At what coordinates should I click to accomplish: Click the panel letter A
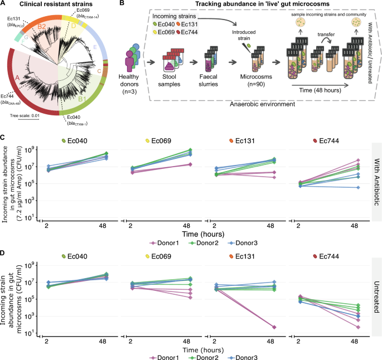point(4,4)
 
